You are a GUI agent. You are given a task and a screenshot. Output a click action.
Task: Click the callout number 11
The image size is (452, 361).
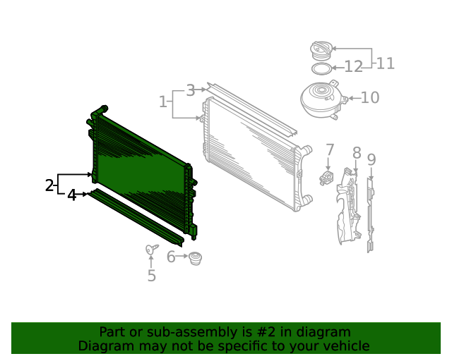pyautogui.click(x=385, y=63)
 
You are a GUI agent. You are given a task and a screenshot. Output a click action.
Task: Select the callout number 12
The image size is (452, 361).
pyautogui.click(x=353, y=67)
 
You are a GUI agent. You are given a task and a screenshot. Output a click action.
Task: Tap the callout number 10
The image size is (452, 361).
pyautogui.click(x=370, y=97)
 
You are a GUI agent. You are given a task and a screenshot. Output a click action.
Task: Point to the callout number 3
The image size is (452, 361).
pyautogui.click(x=191, y=90)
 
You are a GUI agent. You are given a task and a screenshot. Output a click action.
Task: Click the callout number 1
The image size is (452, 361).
pyautogui.click(x=163, y=102)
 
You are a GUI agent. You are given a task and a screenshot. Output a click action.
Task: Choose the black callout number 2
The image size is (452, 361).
pyautogui.click(x=49, y=185)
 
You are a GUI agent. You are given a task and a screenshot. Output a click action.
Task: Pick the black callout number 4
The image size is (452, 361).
pyautogui.click(x=71, y=195)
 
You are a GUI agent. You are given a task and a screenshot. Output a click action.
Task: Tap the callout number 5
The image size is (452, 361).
pyautogui.click(x=152, y=276)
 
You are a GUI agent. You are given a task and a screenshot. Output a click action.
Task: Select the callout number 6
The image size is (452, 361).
pyautogui.click(x=171, y=257)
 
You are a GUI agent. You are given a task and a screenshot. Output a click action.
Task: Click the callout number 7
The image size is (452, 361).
pyautogui.click(x=330, y=150)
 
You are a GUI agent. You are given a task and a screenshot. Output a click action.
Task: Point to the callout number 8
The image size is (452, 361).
pyautogui.click(x=357, y=153)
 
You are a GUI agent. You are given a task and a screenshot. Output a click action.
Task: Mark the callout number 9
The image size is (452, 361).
pyautogui.click(x=371, y=160)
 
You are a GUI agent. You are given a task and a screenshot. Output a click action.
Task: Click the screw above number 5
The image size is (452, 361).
pyautogui.click(x=151, y=249)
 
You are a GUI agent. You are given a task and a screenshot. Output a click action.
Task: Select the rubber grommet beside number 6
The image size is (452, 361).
pyautogui.click(x=195, y=258)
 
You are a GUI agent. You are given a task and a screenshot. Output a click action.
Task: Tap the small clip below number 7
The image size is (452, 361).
pyautogui.click(x=326, y=178)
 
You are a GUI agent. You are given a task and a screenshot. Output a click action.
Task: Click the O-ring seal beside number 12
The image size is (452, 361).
pyautogui.click(x=321, y=68)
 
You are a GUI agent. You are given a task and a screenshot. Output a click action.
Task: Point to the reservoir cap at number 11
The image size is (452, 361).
pyautogui.click(x=321, y=50)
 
